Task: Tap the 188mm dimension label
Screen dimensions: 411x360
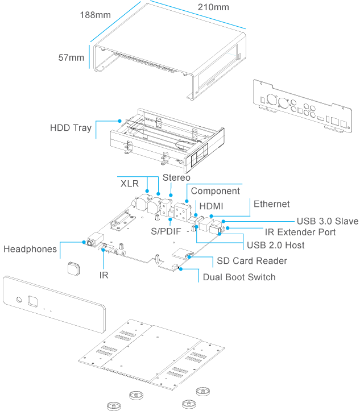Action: pyautogui.click(x=95, y=15)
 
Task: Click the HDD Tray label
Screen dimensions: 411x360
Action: pyautogui.click(x=71, y=128)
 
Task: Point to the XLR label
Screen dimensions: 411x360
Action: pyautogui.click(x=130, y=184)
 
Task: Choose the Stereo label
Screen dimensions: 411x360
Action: pyautogui.click(x=176, y=178)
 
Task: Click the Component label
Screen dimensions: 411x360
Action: pyautogui.click(x=216, y=191)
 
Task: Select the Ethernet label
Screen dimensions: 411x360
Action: pyautogui.click(x=271, y=204)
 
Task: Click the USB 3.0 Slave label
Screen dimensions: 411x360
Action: pyautogui.click(x=326, y=221)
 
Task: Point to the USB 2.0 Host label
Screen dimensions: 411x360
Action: pyautogui.click(x=275, y=246)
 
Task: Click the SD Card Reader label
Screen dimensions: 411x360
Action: pyautogui.click(x=252, y=261)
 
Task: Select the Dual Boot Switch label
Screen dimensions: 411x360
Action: pyautogui.click(x=239, y=277)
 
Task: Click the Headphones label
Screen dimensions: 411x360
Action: pyautogui.click(x=30, y=249)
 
